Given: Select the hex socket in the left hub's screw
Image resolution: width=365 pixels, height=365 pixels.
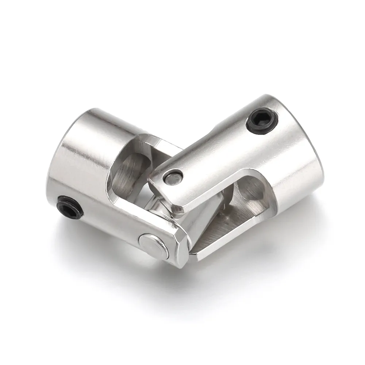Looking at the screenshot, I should [x=69, y=205].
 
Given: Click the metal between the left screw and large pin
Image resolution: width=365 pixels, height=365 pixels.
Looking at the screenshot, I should [x=109, y=223].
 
